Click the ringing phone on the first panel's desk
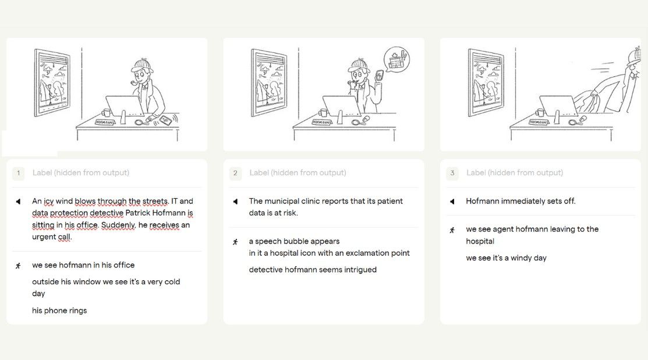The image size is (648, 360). tap(166, 120)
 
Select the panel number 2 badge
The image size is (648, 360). tap(235, 173)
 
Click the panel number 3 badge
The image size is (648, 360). tap(452, 173)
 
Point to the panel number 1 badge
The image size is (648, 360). tap(18, 173)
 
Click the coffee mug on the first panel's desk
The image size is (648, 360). tap(106, 112)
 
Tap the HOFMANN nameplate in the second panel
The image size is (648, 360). tap(321, 122)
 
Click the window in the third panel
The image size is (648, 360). tap(486, 83)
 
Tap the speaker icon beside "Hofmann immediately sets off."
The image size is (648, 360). tap(452, 202)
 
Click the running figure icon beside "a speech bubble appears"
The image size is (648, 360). tap(235, 242)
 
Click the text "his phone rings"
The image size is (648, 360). tap(59, 310)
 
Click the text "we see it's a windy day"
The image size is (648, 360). tap(507, 258)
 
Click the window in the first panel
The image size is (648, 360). tap(52, 83)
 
